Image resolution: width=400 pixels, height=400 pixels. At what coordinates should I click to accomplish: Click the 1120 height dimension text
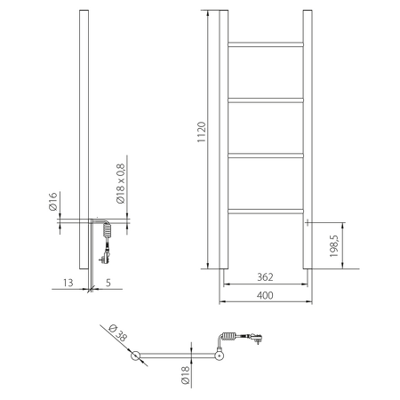[x=202, y=133]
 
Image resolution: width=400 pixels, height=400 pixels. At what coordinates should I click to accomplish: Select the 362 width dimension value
[x=263, y=277]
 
